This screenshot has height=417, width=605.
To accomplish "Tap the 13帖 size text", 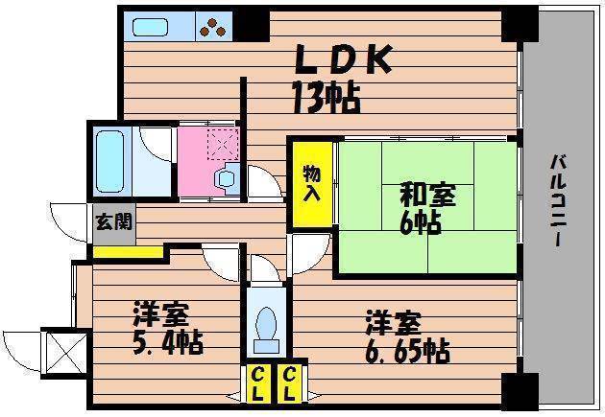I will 327,96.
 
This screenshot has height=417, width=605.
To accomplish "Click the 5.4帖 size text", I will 168,340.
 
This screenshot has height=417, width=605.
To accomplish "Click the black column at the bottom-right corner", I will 520,391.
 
